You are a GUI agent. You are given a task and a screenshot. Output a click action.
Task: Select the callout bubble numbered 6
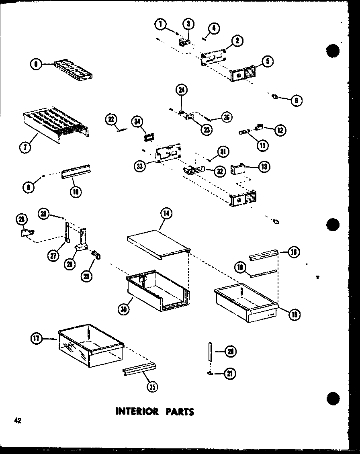coord(297,101)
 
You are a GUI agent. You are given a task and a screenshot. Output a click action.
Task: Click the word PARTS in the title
coord(178,411)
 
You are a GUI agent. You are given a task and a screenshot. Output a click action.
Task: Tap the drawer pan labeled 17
coord(90,348)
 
